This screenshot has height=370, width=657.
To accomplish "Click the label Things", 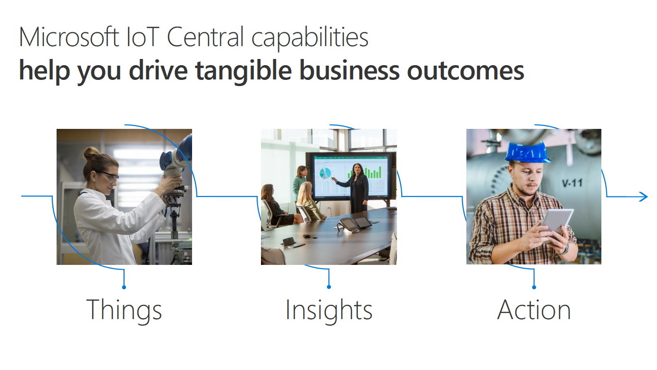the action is [124, 311].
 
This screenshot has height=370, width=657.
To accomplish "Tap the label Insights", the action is [329, 311].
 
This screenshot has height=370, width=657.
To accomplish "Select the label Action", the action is [534, 310].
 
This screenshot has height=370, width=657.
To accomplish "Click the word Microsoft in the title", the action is [69, 37].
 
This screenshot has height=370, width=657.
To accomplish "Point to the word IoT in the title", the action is [143, 37].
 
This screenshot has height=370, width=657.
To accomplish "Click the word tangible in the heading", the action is [243, 70].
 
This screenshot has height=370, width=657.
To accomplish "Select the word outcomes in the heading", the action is [465, 71].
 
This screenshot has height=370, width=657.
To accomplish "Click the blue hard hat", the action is [528, 152].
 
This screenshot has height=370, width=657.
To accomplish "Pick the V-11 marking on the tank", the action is [572, 183].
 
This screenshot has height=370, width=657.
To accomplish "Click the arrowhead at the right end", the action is [644, 196].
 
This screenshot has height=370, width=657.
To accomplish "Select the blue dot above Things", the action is [124, 287].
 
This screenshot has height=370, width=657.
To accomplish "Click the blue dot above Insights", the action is [329, 287].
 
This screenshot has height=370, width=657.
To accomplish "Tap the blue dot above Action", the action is [534, 287].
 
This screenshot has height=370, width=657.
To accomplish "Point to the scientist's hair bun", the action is [91, 153].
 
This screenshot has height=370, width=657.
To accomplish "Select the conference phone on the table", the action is [347, 224].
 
